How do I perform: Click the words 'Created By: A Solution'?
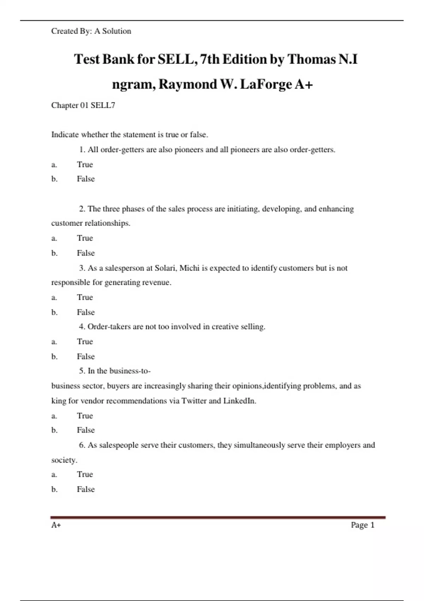91,31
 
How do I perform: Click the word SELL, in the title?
177,59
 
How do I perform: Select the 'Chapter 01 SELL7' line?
83,105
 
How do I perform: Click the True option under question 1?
85,165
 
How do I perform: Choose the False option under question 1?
86,179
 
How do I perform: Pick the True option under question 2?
85,238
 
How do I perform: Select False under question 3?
86,313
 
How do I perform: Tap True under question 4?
85,342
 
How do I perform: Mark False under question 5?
86,430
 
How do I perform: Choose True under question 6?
85,474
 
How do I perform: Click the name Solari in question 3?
165,268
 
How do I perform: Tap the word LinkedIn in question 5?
240,401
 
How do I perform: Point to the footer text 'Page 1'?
363,525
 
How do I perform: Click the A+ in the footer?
56,525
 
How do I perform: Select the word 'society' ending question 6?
64,460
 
